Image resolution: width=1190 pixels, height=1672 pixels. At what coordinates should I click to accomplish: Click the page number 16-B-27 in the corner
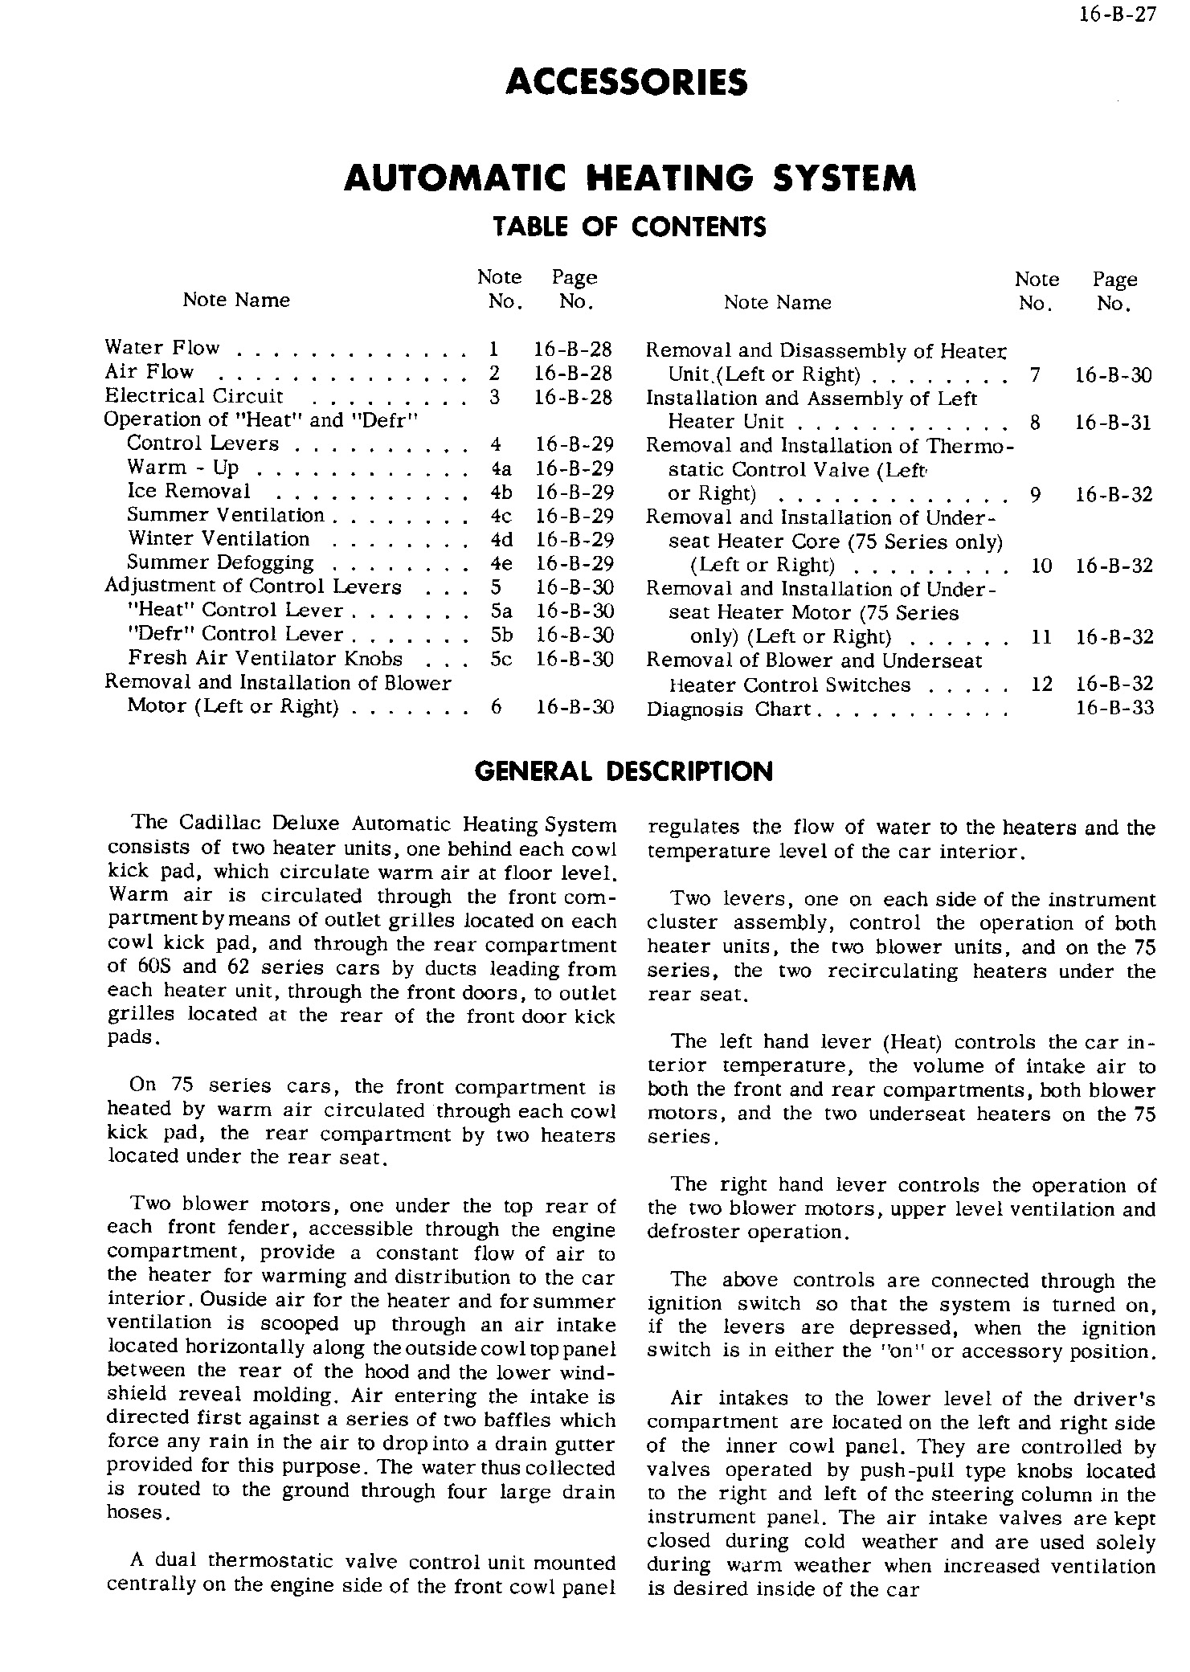(x=1125, y=15)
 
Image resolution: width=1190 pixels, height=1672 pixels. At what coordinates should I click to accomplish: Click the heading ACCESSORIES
(x=628, y=82)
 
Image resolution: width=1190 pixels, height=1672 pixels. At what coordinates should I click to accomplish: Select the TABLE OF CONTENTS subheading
(x=630, y=227)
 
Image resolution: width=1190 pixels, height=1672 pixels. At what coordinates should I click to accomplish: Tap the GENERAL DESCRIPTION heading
(x=624, y=771)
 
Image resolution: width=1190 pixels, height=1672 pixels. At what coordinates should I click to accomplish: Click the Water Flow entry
(x=162, y=348)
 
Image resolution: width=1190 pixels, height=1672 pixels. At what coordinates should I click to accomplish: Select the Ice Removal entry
(x=189, y=492)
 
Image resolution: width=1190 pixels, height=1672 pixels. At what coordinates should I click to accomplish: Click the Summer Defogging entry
(x=220, y=562)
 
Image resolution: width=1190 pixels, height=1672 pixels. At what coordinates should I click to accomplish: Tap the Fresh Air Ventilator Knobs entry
(x=265, y=659)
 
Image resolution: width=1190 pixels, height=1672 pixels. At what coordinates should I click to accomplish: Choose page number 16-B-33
(x=1114, y=708)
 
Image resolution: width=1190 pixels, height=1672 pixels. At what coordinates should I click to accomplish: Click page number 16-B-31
(x=1114, y=423)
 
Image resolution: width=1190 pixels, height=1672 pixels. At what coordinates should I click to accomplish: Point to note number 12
(x=1041, y=684)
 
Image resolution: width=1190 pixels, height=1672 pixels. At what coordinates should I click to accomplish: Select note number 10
(x=1041, y=566)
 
